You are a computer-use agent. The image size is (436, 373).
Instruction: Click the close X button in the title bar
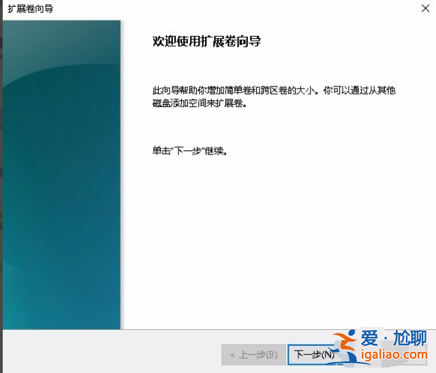(x=425, y=8)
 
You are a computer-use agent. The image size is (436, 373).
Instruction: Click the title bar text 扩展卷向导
(x=31, y=9)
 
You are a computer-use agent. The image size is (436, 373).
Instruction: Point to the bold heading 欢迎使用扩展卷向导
(x=206, y=42)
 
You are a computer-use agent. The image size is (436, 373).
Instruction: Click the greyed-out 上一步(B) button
(x=253, y=355)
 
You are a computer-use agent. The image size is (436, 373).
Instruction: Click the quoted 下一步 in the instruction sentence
(x=190, y=150)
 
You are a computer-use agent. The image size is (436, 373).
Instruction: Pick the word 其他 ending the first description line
(x=387, y=91)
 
